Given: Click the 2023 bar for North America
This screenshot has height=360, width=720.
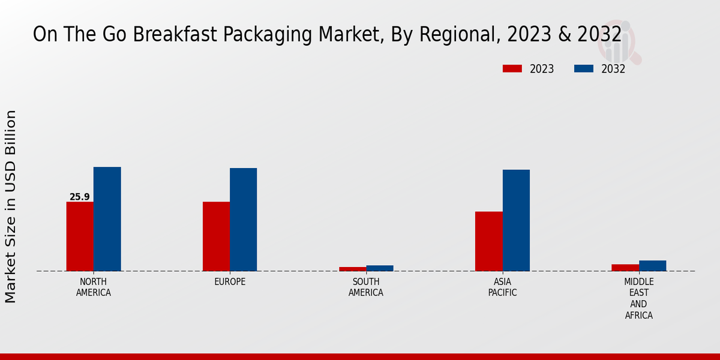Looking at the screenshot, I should pyautogui.click(x=80, y=236).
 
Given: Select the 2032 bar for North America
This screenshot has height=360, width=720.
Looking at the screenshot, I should pyautogui.click(x=107, y=219).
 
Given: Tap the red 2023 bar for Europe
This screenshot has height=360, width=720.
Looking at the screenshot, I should pyautogui.click(x=216, y=236).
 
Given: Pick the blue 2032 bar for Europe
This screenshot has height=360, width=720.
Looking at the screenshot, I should pyautogui.click(x=244, y=220).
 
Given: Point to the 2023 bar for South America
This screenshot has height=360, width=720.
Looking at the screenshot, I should pyautogui.click(x=352, y=269).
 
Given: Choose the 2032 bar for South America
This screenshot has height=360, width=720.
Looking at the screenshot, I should pyautogui.click(x=380, y=268).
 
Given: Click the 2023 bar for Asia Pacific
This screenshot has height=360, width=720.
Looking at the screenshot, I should pyautogui.click(x=489, y=241).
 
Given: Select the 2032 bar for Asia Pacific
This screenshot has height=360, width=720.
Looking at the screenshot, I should pyautogui.click(x=516, y=220).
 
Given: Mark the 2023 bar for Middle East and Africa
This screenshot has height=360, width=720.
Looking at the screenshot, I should pyautogui.click(x=625, y=268).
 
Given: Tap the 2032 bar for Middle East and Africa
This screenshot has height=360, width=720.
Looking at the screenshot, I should pyautogui.click(x=653, y=266).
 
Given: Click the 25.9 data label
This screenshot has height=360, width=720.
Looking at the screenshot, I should pyautogui.click(x=80, y=197).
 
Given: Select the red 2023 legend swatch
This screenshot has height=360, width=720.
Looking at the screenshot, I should pyautogui.click(x=512, y=69).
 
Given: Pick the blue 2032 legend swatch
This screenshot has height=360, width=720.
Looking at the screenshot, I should pyautogui.click(x=583, y=69).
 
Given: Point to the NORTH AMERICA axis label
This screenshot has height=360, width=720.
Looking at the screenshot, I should pyautogui.click(x=94, y=287).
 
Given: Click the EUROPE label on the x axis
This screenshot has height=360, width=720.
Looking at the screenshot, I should pyautogui.click(x=230, y=282).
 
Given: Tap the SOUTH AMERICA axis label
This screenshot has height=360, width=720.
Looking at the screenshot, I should pyautogui.click(x=366, y=287).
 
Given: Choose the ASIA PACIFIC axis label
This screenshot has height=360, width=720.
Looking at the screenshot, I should pyautogui.click(x=503, y=287).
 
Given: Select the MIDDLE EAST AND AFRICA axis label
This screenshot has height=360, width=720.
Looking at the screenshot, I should pyautogui.click(x=639, y=298).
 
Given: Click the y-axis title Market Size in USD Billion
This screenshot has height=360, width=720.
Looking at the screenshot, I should pyautogui.click(x=11, y=206).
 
